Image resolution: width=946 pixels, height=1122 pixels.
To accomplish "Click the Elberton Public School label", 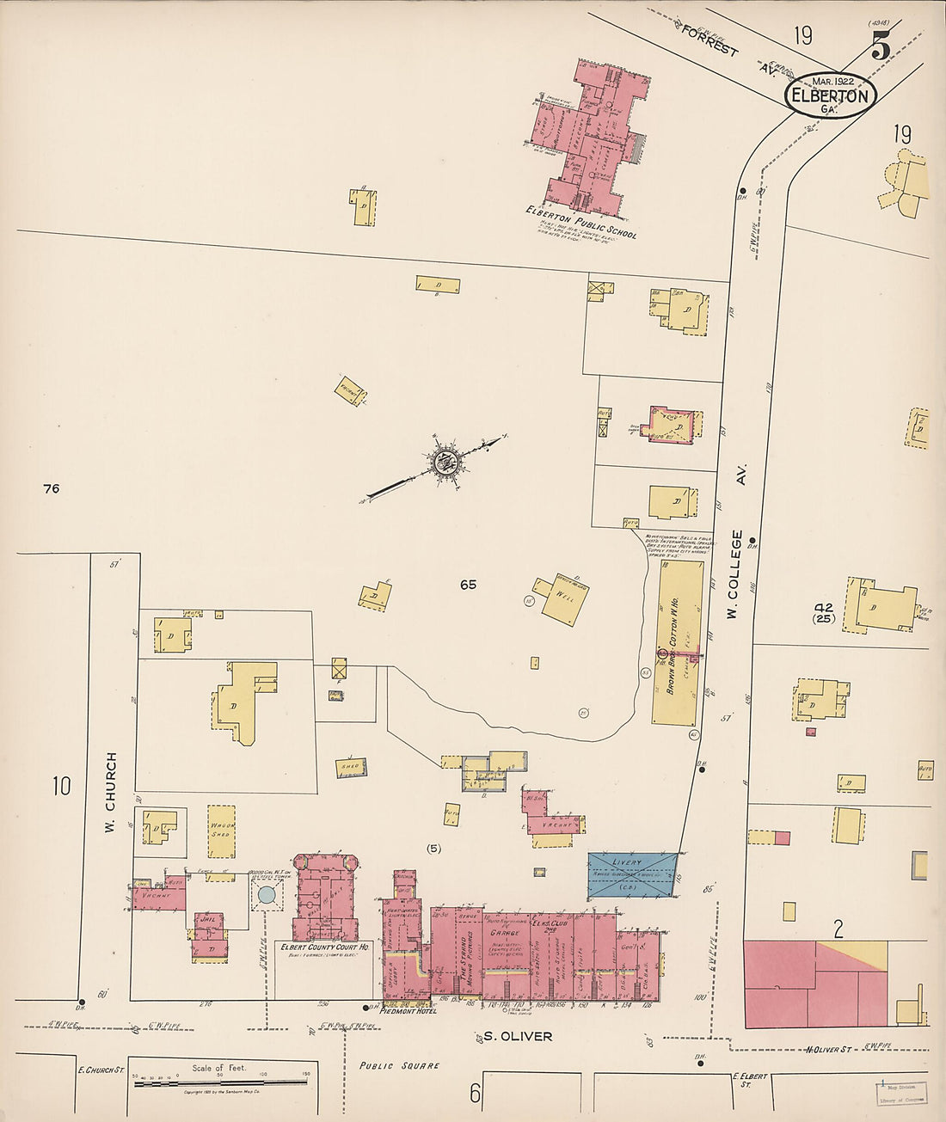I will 581,222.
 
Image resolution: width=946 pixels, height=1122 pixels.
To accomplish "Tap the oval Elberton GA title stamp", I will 829,95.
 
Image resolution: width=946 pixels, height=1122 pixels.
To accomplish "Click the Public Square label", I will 399,1065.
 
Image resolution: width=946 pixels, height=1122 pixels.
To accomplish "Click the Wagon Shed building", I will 222,831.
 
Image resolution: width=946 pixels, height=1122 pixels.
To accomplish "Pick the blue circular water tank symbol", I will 267,896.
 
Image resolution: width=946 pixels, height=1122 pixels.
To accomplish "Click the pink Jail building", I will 208,934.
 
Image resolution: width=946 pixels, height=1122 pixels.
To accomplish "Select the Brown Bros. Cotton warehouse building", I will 676,641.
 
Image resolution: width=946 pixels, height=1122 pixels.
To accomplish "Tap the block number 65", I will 468,585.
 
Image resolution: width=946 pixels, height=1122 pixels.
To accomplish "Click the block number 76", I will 51,488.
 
